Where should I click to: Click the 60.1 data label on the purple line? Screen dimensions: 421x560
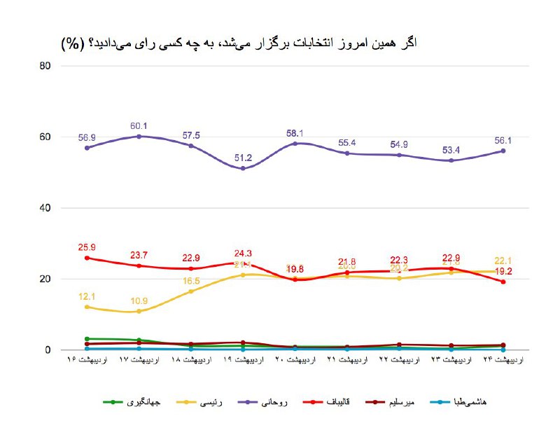click(139, 126)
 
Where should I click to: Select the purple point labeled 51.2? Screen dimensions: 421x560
click(243, 168)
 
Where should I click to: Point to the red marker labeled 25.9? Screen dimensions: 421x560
click(87, 258)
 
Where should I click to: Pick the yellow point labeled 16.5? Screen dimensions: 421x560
click(191, 291)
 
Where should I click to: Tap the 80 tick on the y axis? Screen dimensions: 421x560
click(45, 66)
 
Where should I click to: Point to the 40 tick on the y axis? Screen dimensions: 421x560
click(45, 208)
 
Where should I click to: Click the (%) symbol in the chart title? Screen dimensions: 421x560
click(72, 43)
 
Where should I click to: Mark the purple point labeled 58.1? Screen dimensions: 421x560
click(295, 143)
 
